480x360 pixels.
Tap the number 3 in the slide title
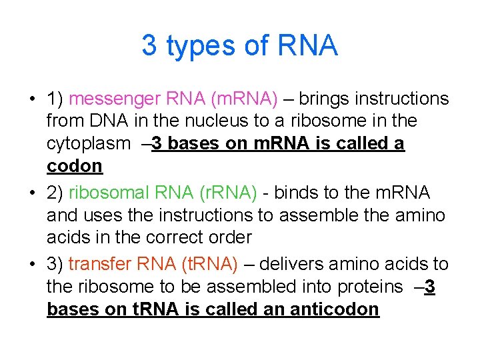coord(149,45)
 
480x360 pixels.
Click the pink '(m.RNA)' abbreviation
coord(243,99)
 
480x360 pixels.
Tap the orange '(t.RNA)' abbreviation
coord(209,264)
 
